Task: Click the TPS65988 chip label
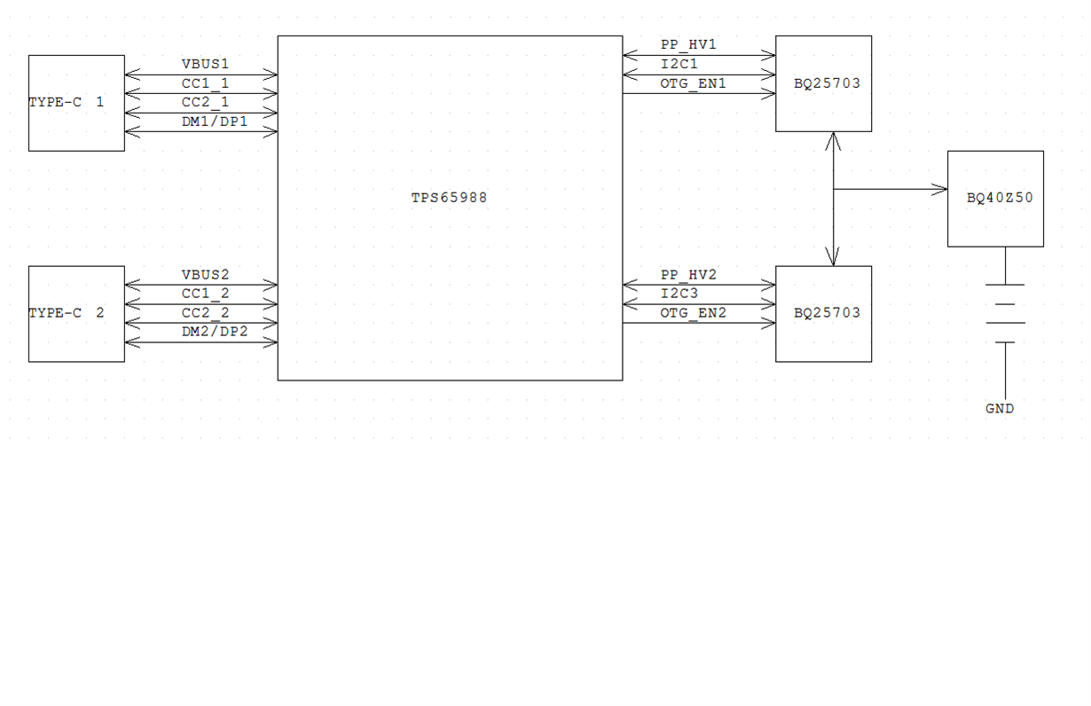[x=449, y=198]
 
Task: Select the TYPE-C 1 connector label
[x=67, y=102]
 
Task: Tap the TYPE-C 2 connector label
[x=67, y=312]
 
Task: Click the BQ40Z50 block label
[x=1000, y=198]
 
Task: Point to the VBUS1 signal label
[x=205, y=64]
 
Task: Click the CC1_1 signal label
[x=205, y=83]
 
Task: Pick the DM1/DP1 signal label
[x=215, y=122]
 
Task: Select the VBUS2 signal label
[x=205, y=275]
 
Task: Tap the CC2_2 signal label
[x=205, y=312]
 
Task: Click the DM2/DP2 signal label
[x=215, y=332]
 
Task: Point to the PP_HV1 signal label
[x=688, y=45]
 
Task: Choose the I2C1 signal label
[x=679, y=64]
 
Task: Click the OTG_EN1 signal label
[x=693, y=83]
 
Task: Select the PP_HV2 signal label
[x=688, y=275]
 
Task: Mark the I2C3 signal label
[x=679, y=294]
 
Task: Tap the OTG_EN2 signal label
[x=693, y=313]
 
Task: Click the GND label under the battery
[x=1000, y=409]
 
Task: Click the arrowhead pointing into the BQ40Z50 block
[x=939, y=190]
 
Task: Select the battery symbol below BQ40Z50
[x=1005, y=314]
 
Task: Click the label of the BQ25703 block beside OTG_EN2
[x=827, y=312]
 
